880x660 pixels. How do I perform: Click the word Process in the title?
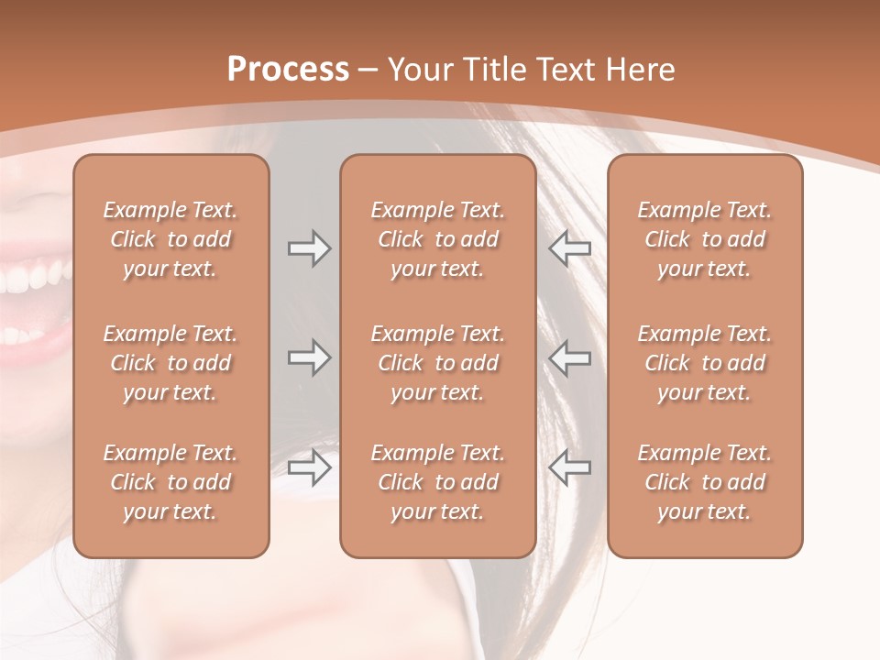(x=288, y=70)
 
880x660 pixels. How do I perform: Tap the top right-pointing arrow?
(x=309, y=248)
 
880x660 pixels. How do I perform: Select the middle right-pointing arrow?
(x=309, y=357)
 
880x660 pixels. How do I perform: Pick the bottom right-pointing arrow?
(x=309, y=468)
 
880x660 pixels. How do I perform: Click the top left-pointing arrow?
(x=569, y=248)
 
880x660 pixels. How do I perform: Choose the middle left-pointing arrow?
(x=569, y=357)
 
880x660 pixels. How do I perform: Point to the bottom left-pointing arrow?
(x=569, y=468)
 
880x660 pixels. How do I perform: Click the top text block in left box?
(x=170, y=239)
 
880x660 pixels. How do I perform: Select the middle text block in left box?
(x=170, y=363)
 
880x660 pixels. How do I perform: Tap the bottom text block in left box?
(x=170, y=482)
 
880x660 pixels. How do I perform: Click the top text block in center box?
(x=438, y=239)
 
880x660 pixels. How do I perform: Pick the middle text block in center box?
(x=438, y=363)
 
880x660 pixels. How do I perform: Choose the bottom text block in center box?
(x=438, y=482)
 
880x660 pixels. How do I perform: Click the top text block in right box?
(x=705, y=239)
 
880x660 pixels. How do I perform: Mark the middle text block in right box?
(x=705, y=363)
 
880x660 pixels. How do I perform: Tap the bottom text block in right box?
(x=705, y=482)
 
